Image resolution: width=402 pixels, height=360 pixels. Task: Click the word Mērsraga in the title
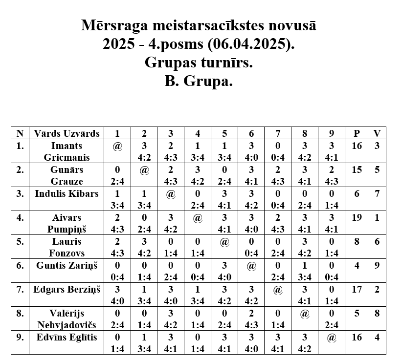(x=113, y=26)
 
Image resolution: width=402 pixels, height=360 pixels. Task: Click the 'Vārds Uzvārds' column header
(x=67, y=133)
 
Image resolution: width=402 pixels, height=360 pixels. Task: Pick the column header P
(x=357, y=133)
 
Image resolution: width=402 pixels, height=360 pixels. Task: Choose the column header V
(x=377, y=133)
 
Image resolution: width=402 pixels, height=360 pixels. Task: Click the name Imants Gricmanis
(x=67, y=151)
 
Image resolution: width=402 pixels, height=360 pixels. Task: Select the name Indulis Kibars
(x=67, y=193)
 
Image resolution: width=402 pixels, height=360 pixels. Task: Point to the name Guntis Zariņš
(x=67, y=265)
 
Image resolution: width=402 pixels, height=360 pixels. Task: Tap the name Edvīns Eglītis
(x=67, y=337)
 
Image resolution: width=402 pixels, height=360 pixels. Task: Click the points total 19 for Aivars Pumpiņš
(x=357, y=217)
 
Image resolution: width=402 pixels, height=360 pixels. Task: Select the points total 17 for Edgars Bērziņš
(x=357, y=289)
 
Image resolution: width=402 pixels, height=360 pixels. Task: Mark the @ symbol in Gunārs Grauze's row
(x=144, y=170)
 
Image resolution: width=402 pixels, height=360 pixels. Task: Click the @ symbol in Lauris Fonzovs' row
(x=224, y=242)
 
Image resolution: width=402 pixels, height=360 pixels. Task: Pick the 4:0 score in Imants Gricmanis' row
(x=251, y=158)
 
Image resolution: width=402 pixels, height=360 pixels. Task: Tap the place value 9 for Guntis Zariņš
(x=377, y=265)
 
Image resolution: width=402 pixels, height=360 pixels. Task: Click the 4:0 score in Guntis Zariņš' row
(x=224, y=277)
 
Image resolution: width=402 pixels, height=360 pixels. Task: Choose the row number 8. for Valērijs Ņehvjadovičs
(x=20, y=313)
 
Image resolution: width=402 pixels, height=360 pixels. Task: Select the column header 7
(x=278, y=133)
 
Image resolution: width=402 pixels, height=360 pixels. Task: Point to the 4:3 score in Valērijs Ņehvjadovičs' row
(x=251, y=325)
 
